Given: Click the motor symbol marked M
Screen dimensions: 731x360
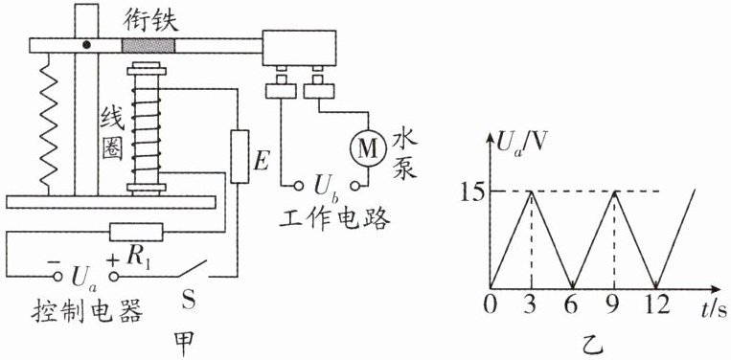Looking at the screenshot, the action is [368, 148].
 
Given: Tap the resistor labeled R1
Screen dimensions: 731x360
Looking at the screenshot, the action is [136, 232].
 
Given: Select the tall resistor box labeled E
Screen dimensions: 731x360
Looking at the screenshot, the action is [240, 157].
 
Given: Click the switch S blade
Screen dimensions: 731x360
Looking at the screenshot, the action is [192, 269].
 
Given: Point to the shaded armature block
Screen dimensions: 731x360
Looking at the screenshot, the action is [148, 46].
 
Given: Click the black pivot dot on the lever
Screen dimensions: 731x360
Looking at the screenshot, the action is [86, 45].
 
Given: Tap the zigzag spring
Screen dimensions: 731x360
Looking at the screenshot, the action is [49, 124].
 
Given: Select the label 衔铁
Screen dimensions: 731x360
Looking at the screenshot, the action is [148, 20].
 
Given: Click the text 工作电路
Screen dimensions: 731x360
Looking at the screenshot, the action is [334, 219].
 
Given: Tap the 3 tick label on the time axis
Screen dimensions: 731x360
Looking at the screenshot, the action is [531, 307].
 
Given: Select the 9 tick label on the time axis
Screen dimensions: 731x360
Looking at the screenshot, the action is [613, 307].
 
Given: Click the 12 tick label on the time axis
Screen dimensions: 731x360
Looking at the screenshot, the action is [656, 307].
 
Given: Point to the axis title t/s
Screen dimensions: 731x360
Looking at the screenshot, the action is [713, 308].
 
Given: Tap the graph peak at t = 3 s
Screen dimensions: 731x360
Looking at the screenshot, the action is [531, 191].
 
